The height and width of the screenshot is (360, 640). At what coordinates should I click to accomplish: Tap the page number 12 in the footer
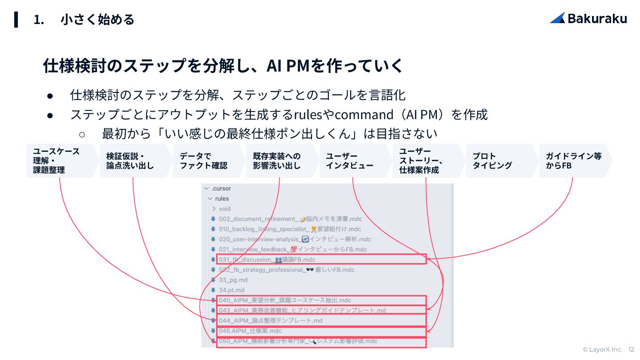coord(631,350)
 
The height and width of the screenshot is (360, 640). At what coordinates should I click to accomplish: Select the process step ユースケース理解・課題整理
coord(60,160)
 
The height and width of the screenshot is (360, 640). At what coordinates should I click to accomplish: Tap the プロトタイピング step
coord(495,161)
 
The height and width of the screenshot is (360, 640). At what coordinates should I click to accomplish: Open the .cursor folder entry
coord(221,188)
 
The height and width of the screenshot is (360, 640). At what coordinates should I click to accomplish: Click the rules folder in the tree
coord(222,199)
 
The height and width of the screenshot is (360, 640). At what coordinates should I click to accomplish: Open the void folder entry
coord(224,208)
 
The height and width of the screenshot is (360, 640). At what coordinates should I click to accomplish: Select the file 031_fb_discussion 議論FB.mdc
coord(267,260)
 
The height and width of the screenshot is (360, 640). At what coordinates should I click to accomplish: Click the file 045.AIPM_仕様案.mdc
coord(250,331)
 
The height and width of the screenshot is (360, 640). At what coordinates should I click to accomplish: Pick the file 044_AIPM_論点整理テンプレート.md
coord(271,320)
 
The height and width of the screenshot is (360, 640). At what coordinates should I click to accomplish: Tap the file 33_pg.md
coord(233,280)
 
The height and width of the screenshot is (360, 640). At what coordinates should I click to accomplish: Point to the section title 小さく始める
coord(97,20)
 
